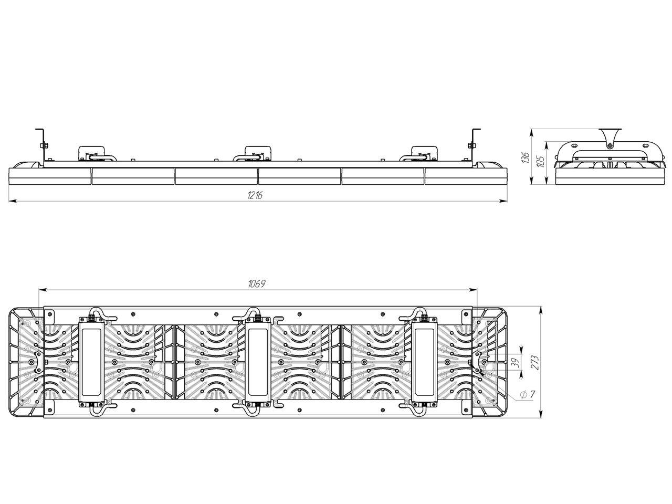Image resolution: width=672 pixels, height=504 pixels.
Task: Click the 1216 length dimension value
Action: pyautogui.click(x=255, y=195)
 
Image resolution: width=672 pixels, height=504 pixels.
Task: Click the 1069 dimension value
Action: pyautogui.click(x=257, y=283)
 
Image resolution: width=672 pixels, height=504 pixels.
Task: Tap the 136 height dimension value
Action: pyautogui.click(x=526, y=157)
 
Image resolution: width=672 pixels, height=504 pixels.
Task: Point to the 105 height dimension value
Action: pyautogui.click(x=541, y=161)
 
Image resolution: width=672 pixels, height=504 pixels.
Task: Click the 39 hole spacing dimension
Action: pyautogui.click(x=516, y=362)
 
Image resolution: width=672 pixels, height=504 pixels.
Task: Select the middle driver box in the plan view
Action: pyautogui.click(x=258, y=363)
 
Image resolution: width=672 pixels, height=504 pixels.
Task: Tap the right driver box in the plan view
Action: pyautogui.click(x=424, y=363)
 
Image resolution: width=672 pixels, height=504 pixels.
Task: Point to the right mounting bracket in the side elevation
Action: pyautogui.click(x=474, y=145)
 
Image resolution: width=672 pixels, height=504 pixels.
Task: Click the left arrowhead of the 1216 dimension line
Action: pyautogui.click(x=13, y=201)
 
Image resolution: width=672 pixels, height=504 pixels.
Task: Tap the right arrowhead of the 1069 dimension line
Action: pyautogui.click(x=473, y=289)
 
